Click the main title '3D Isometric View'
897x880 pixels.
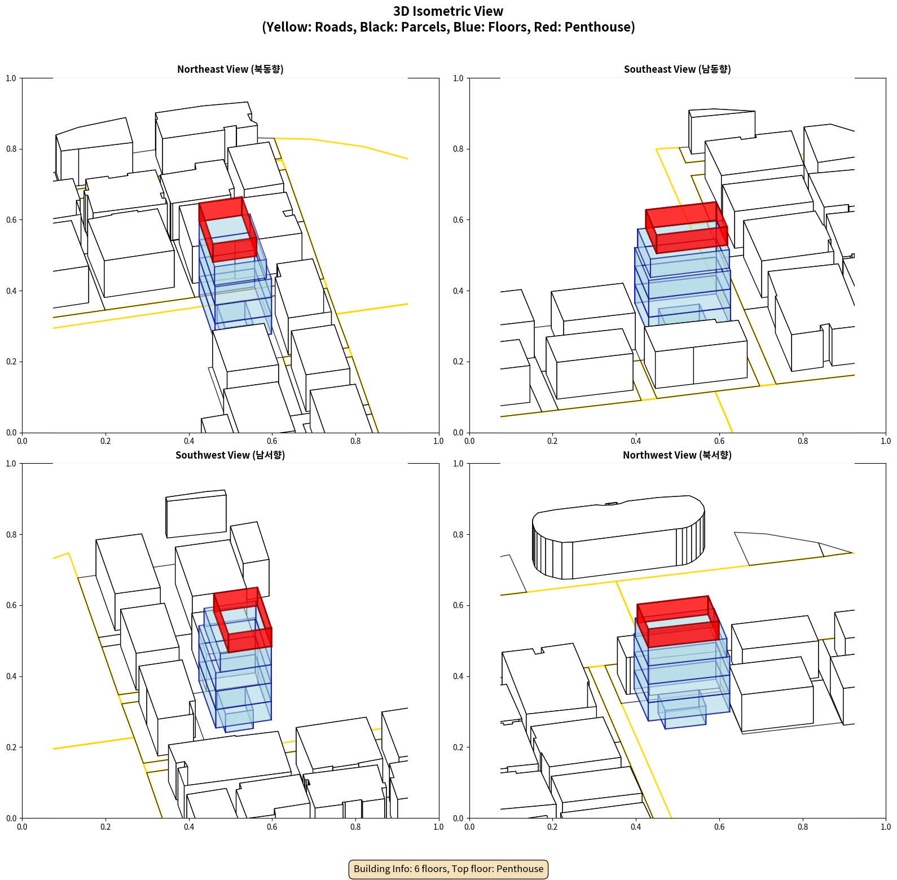[x=448, y=11]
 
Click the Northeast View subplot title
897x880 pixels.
[x=230, y=69]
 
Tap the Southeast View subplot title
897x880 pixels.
[x=677, y=69]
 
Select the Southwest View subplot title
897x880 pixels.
[x=230, y=455]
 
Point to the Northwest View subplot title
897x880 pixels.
[x=677, y=455]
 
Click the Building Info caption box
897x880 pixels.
[x=448, y=869]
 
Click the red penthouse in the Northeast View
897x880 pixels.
[x=228, y=229]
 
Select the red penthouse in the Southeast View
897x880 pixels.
[x=687, y=227]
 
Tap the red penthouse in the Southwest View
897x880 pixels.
[x=243, y=619]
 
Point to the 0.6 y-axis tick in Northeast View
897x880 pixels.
[x=11, y=220]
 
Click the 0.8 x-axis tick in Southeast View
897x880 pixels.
[x=803, y=441]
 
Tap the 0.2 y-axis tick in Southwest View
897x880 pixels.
[x=11, y=747]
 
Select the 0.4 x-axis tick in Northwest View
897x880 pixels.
[x=636, y=827]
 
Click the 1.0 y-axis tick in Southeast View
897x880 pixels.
[x=459, y=78]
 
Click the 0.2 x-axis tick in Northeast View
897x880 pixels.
[x=105, y=441]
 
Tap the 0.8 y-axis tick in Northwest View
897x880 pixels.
[x=459, y=535]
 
